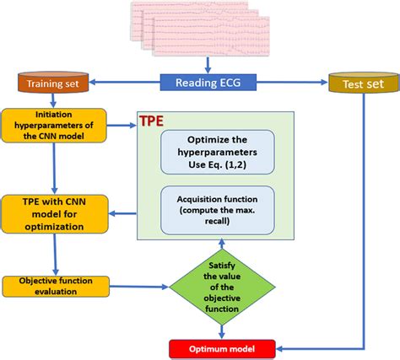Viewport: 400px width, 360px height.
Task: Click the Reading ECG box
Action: (207, 82)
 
